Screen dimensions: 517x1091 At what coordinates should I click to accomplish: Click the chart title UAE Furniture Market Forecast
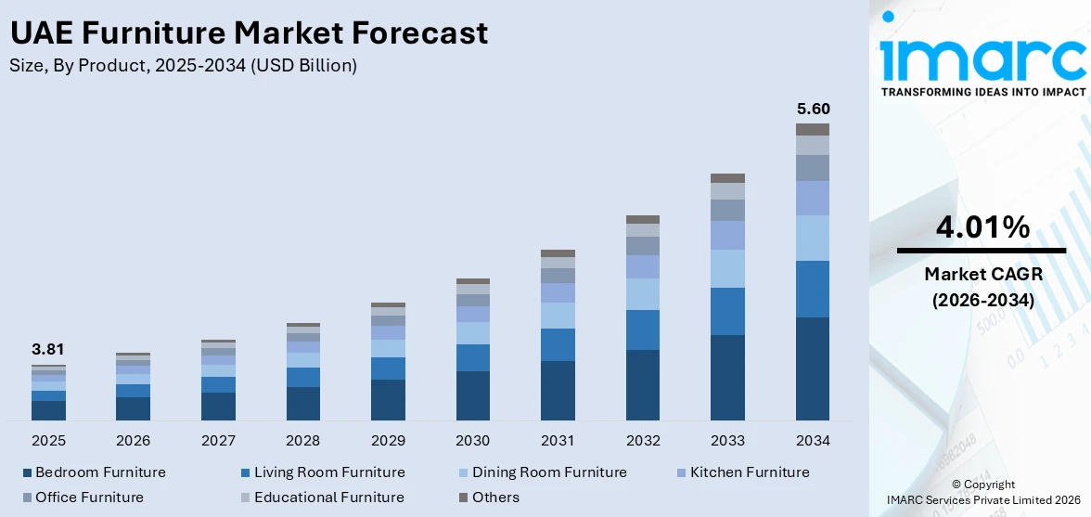[x=249, y=33]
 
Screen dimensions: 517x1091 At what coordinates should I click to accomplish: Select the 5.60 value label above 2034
[x=813, y=109]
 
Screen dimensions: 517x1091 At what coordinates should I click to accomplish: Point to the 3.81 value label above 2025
[x=48, y=350]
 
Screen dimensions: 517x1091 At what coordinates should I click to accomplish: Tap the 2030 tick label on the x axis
[x=473, y=440]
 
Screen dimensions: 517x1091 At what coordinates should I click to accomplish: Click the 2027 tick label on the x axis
[x=218, y=440]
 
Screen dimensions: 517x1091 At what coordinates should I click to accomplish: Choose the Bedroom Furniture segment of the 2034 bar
[x=813, y=368]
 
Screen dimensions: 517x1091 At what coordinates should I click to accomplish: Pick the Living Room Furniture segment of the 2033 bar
[x=727, y=311]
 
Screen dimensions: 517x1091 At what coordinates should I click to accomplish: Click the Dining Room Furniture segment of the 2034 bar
[x=813, y=238]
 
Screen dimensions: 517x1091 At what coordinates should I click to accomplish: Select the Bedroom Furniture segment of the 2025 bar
[x=48, y=410]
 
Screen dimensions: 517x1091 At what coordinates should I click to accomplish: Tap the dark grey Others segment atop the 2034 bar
[x=813, y=129]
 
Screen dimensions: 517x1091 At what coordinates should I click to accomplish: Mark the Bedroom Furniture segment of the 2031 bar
[x=558, y=390]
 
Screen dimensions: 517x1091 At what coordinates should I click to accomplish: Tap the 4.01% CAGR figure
[x=982, y=226]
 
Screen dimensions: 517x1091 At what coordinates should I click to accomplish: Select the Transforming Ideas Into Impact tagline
[x=982, y=92]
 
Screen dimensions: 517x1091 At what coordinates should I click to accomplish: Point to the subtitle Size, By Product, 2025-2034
[x=183, y=65]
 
